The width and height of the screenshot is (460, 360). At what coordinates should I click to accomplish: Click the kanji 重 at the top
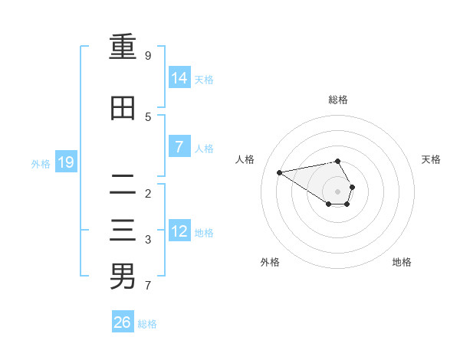pos(123,47)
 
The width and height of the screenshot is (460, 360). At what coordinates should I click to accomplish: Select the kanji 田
pos(123,108)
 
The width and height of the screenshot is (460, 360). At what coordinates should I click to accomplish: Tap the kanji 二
pos(123,184)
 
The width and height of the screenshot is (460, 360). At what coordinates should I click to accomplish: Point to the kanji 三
pos(123,231)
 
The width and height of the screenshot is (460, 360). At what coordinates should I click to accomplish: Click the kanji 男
pos(123,277)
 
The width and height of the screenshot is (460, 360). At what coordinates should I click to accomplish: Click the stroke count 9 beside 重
pos(148,56)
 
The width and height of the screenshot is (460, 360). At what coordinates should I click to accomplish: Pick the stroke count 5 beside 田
pos(148,116)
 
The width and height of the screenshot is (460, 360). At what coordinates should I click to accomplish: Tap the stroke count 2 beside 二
pos(148,193)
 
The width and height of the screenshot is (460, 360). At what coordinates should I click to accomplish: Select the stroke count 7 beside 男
pos(148,286)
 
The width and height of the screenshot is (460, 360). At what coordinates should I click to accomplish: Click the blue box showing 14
pos(179,77)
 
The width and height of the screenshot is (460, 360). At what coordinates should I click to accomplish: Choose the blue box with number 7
pos(179,147)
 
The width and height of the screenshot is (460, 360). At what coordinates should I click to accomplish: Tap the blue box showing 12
pos(179,231)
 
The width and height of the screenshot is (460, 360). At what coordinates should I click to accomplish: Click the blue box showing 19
pos(66,162)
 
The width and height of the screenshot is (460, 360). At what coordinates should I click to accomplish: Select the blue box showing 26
pos(123,322)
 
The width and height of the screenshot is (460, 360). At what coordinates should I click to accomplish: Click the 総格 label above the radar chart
pos(338,100)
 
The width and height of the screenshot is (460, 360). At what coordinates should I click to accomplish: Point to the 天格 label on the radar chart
pos(432,159)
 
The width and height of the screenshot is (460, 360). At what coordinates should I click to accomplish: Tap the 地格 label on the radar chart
pos(402,262)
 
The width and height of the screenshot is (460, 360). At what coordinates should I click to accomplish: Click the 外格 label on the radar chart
pos(270,262)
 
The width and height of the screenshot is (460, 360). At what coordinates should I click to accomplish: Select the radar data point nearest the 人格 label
pos(279,172)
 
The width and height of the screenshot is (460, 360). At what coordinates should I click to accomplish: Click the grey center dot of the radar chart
pos(338,191)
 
